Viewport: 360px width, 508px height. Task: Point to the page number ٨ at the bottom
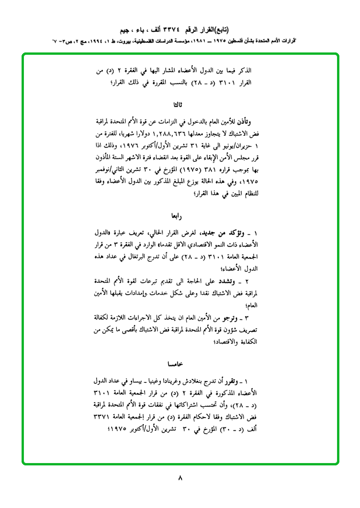(180, 478)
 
